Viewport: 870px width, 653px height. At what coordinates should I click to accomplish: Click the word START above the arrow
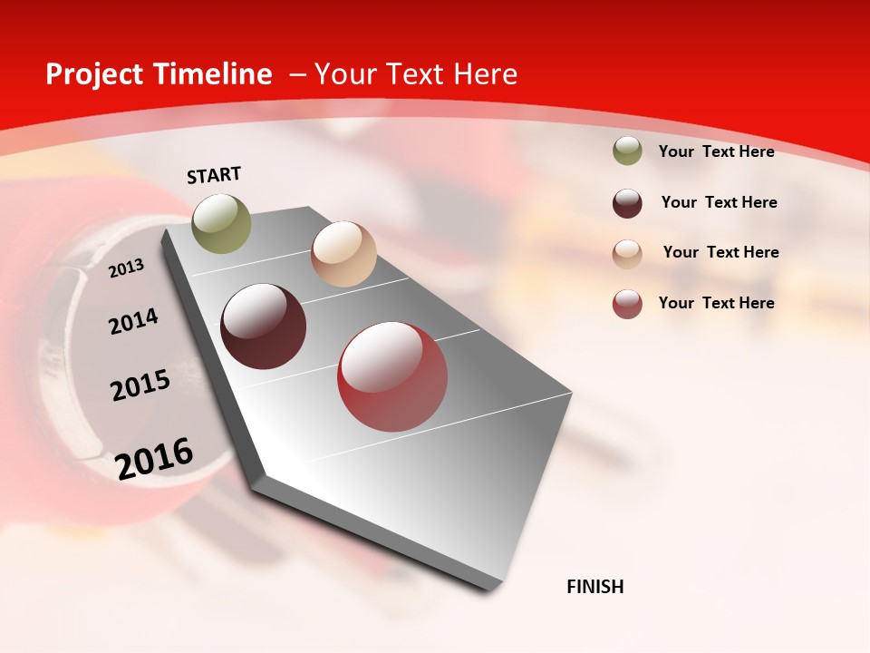point(214,175)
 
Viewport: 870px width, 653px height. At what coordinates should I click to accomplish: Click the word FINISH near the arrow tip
point(594,587)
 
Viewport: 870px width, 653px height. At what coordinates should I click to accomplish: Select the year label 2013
point(126,268)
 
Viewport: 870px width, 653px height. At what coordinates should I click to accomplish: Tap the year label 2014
point(133,321)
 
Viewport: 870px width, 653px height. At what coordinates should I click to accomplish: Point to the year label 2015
point(140,385)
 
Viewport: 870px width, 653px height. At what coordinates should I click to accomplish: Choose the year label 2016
point(154,458)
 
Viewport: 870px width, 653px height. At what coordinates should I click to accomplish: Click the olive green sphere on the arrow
point(221,223)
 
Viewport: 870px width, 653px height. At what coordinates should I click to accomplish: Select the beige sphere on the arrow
point(343,254)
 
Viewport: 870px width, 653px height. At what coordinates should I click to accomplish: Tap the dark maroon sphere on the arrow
point(264,326)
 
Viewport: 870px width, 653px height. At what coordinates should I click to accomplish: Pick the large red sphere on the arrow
point(392,377)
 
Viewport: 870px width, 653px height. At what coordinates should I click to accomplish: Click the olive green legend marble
point(627,151)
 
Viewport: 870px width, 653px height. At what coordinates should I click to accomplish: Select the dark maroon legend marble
point(627,203)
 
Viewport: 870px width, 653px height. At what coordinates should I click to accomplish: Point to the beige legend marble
point(627,253)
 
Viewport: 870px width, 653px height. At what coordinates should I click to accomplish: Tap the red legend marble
point(627,304)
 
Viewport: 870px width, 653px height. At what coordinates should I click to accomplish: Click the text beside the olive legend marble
point(716,151)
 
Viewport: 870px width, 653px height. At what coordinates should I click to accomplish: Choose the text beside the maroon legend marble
point(719,202)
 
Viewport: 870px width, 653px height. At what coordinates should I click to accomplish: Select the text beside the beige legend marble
point(720,252)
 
